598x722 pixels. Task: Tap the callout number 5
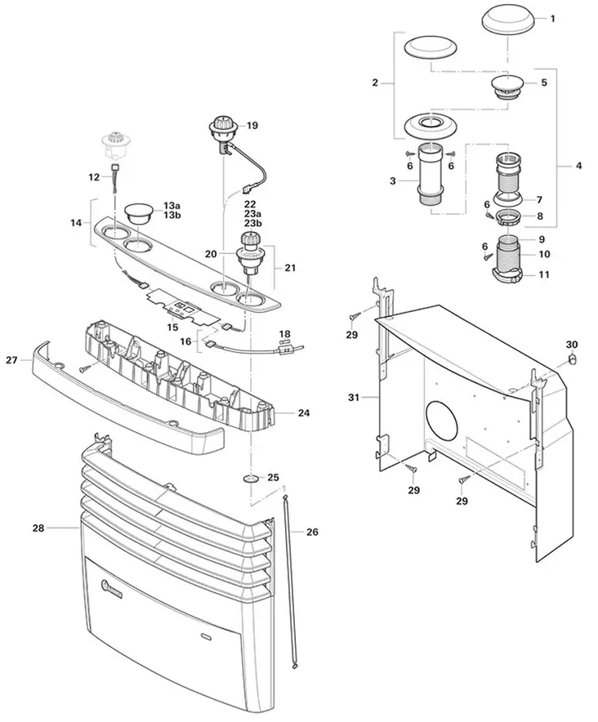click(543, 82)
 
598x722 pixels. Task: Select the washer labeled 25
click(251, 477)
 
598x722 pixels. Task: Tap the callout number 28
click(38, 528)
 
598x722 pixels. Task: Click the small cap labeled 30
click(572, 358)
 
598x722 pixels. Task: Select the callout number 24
click(303, 413)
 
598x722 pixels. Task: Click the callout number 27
click(11, 359)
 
